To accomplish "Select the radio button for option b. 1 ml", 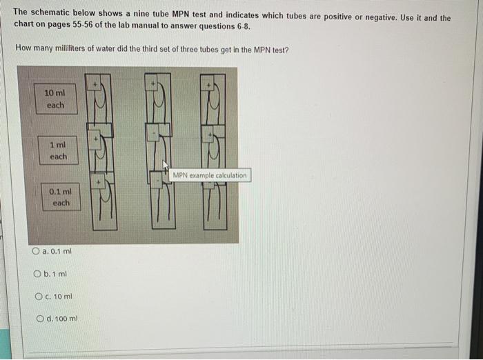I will pos(37,274).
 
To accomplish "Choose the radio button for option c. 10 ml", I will pos(38,297).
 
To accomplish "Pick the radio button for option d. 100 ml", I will pos(39,319).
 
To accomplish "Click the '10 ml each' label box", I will pos(56,99).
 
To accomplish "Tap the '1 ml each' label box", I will pos(58,150).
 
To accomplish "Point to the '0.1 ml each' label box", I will pos(61,197).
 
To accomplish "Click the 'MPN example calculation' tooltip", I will pos(209,175).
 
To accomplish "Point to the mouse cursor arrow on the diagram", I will pos(166,166).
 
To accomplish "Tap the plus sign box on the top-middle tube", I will pos(154,83).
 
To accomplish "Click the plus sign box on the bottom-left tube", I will pos(99,183).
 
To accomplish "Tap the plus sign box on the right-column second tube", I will pos(210,132).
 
